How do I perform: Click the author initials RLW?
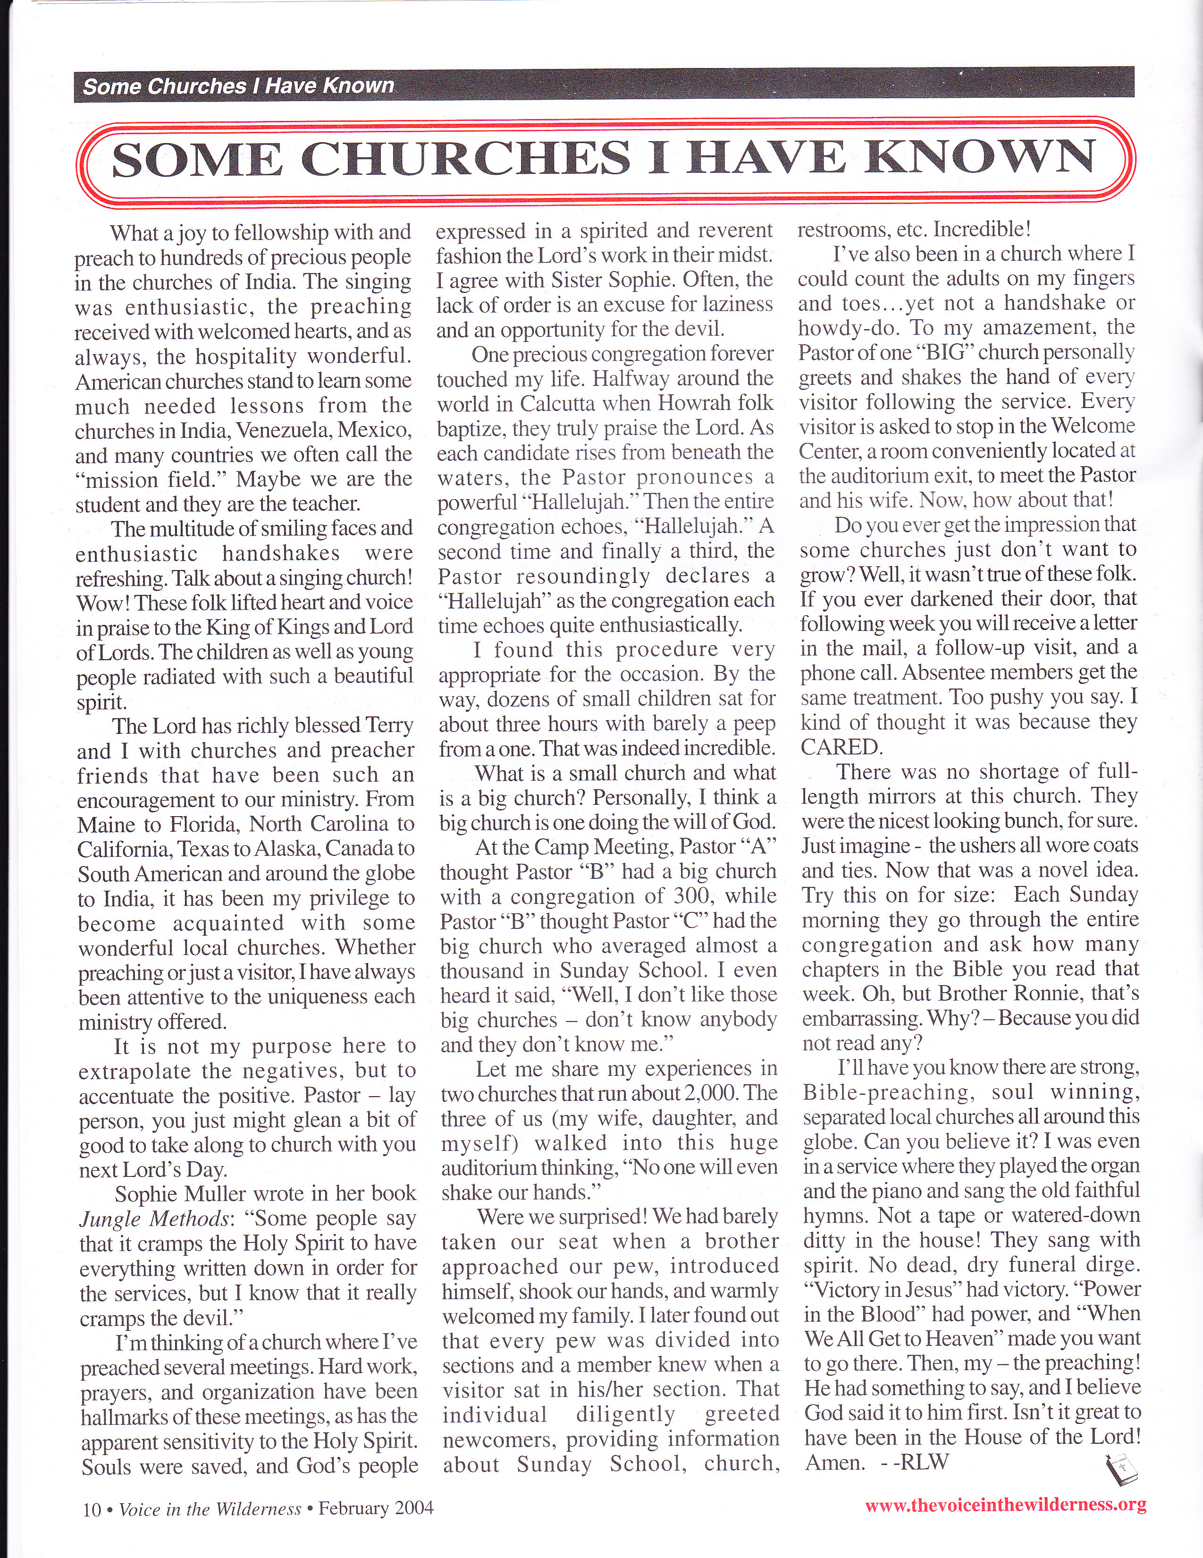tap(925, 1462)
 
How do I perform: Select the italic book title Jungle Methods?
tap(155, 1219)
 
